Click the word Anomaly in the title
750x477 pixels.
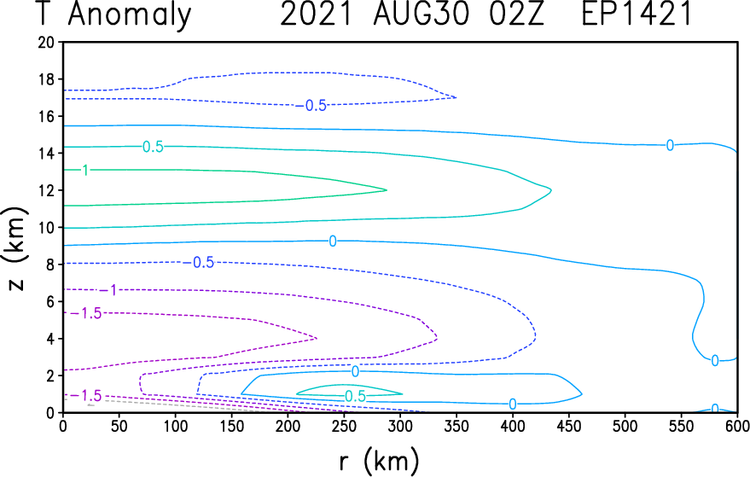(x=130, y=15)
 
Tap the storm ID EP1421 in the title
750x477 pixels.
(x=637, y=14)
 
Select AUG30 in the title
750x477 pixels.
(x=422, y=14)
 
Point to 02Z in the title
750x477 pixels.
(x=516, y=14)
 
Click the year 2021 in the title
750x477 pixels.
(x=317, y=14)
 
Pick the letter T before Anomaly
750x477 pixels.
(x=43, y=14)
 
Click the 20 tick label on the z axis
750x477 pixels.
(x=46, y=42)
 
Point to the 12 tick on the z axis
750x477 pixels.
(x=46, y=190)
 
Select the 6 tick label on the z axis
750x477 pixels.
(x=50, y=301)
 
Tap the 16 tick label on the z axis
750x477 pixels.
(x=46, y=116)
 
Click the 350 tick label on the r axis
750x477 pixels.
(x=456, y=427)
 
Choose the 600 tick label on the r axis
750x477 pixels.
(x=737, y=427)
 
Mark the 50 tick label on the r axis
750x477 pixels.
(x=119, y=427)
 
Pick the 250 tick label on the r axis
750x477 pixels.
(x=344, y=427)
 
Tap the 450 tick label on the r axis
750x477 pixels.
(x=569, y=427)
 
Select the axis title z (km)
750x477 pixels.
(x=15, y=248)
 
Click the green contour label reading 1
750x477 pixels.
(x=85, y=170)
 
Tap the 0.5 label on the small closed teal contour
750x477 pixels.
(x=356, y=396)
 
